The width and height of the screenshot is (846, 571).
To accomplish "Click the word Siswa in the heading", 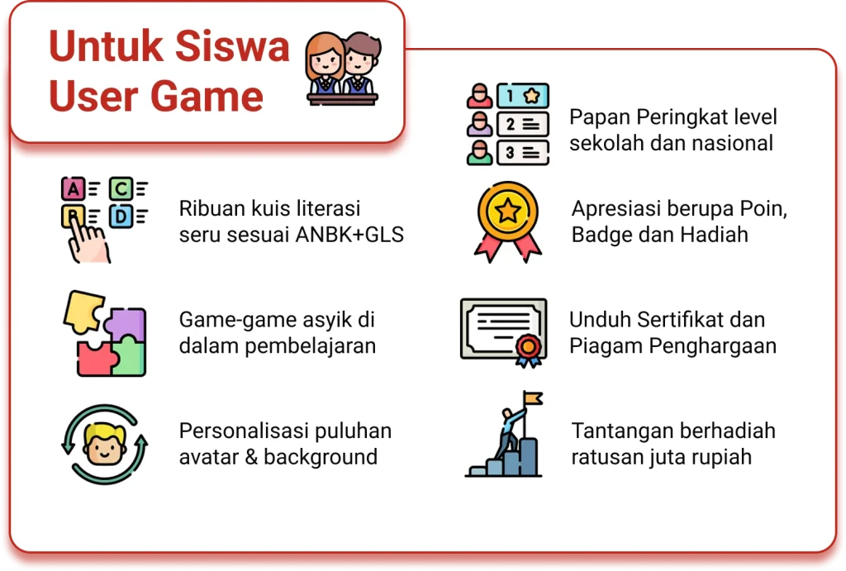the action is (x=232, y=46).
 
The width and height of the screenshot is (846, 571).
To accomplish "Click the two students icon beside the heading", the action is (x=343, y=69).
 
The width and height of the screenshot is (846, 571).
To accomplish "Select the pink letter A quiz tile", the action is (x=74, y=189).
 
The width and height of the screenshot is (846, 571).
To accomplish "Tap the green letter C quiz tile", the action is (x=121, y=189).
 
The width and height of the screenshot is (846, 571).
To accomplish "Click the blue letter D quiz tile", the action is (x=121, y=217).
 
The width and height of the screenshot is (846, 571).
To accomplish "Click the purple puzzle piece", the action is (x=126, y=325).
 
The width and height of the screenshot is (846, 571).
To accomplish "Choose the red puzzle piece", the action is (x=96, y=359).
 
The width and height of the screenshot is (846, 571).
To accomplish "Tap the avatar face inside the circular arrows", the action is (x=105, y=445).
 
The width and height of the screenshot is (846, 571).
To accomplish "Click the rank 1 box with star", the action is (x=522, y=96).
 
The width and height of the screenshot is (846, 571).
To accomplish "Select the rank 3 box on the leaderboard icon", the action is (x=522, y=153).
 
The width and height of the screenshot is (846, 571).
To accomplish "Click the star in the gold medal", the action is (x=508, y=211).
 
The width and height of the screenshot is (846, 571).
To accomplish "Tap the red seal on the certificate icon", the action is (x=529, y=346).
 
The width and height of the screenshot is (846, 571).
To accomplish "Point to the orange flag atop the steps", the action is (x=533, y=398).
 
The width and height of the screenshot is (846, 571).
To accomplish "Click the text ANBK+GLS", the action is (x=349, y=235).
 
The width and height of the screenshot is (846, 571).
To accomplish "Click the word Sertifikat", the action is (x=681, y=320).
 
